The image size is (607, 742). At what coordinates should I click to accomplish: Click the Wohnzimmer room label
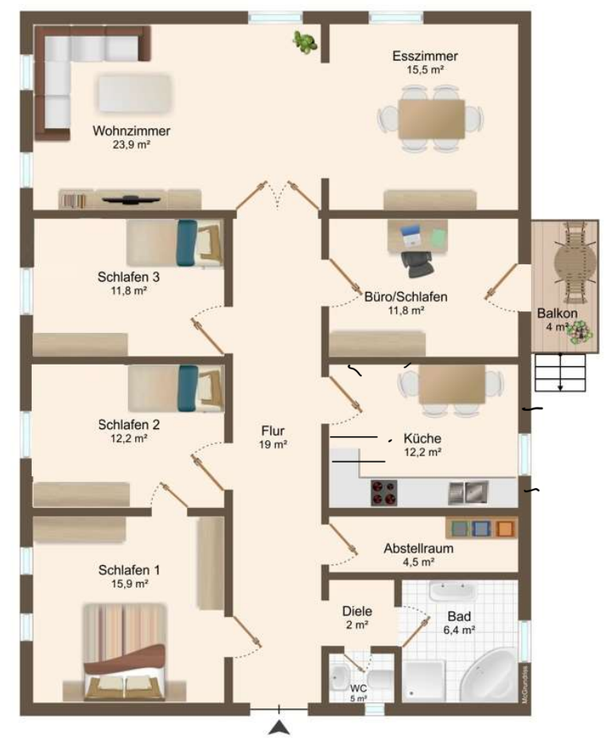pyautogui.click(x=131, y=131)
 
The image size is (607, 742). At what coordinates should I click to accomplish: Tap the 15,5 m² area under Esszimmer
pyautogui.click(x=425, y=69)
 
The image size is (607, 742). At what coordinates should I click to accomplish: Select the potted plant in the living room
pyautogui.click(x=305, y=41)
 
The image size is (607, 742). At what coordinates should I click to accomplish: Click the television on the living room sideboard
pyautogui.click(x=130, y=199)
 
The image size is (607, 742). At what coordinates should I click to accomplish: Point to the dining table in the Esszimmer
pyautogui.click(x=431, y=119)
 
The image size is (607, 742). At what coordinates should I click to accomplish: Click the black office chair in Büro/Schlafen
pyautogui.click(x=418, y=264)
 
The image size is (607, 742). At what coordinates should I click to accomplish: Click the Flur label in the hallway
pyautogui.click(x=273, y=431)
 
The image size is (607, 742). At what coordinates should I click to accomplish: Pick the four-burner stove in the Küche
pyautogui.click(x=384, y=493)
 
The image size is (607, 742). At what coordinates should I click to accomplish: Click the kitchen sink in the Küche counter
pyautogui.click(x=468, y=492)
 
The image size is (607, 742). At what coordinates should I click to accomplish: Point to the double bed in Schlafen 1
pyautogui.click(x=125, y=652)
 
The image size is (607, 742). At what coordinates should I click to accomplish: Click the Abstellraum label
pyautogui.click(x=418, y=549)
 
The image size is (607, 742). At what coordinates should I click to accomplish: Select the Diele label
pyautogui.click(x=357, y=611)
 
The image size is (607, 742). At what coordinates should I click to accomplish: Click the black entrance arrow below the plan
pyautogui.click(x=279, y=727)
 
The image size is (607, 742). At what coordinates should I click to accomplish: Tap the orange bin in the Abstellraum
pyautogui.click(x=505, y=528)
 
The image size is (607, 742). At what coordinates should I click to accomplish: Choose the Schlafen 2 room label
pyautogui.click(x=129, y=424)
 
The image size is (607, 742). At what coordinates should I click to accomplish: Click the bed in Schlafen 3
pyautogui.click(x=175, y=243)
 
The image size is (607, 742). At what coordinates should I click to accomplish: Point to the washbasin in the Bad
pyautogui.click(x=452, y=591)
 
